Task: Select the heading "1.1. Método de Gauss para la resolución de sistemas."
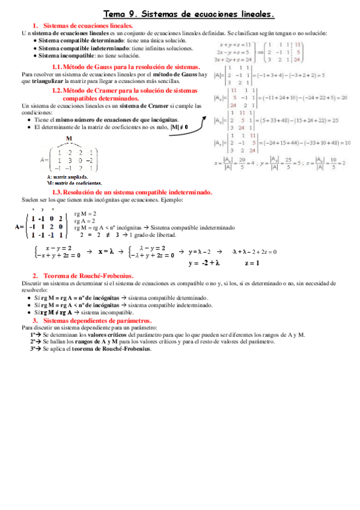(x=126, y=66)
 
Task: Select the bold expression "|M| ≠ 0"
(x=178, y=127)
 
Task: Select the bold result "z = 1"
(x=252, y=263)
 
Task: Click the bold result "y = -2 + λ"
(x=204, y=263)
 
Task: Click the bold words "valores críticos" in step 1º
(x=91, y=334)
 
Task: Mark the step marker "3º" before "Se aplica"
(x=34, y=349)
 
